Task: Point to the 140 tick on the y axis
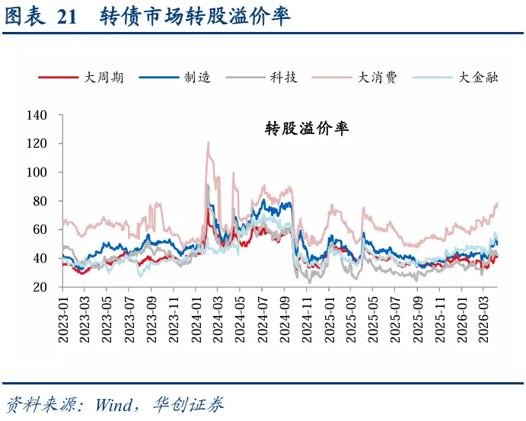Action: pyautogui.click(x=37, y=116)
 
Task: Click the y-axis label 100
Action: pyautogui.click(x=37, y=172)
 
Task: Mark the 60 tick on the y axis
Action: pyautogui.click(x=40, y=230)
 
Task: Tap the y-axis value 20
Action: pyautogui.click(x=40, y=287)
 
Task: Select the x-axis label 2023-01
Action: pyautogui.click(x=63, y=320)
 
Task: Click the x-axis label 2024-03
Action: pyautogui.click(x=218, y=320)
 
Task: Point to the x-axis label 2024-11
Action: pyautogui.click(x=306, y=320)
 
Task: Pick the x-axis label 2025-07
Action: pyautogui.click(x=395, y=320)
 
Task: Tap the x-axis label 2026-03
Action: pyautogui.click(x=483, y=320)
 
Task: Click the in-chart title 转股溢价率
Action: pyautogui.click(x=307, y=129)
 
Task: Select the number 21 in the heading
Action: pyautogui.click(x=67, y=17)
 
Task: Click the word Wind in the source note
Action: pyautogui.click(x=114, y=405)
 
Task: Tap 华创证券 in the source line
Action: pyautogui.click(x=189, y=404)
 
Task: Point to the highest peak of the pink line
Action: pyautogui.click(x=209, y=142)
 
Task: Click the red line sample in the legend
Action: pyautogui.click(x=59, y=78)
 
